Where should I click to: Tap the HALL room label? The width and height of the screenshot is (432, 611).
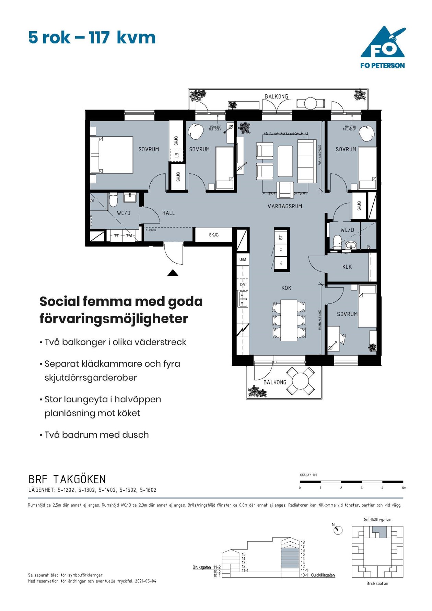(168, 213)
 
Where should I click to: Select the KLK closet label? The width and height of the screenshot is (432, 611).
(347, 267)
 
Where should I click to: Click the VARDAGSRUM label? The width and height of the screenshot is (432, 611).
(285, 206)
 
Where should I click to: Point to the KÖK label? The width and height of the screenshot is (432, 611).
(286, 288)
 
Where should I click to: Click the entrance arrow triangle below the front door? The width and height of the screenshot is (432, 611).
(173, 273)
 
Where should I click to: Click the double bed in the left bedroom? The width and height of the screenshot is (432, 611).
(112, 155)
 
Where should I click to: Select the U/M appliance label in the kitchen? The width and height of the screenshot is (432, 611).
(243, 260)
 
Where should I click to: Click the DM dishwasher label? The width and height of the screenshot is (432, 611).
(243, 285)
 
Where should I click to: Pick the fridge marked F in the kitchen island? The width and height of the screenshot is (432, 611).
(281, 250)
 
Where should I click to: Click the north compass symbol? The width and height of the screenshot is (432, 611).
(338, 530)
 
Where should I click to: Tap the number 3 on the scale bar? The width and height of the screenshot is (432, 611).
(362, 488)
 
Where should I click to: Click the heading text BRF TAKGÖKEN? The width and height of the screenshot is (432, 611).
(67, 479)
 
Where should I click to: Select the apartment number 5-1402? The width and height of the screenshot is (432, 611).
(107, 490)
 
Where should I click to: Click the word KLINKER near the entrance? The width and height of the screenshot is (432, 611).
(151, 230)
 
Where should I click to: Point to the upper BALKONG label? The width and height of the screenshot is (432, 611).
(276, 97)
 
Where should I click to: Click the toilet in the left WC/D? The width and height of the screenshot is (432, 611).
(113, 200)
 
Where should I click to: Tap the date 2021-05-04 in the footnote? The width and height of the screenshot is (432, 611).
(145, 581)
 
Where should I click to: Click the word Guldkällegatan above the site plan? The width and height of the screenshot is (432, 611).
(377, 520)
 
